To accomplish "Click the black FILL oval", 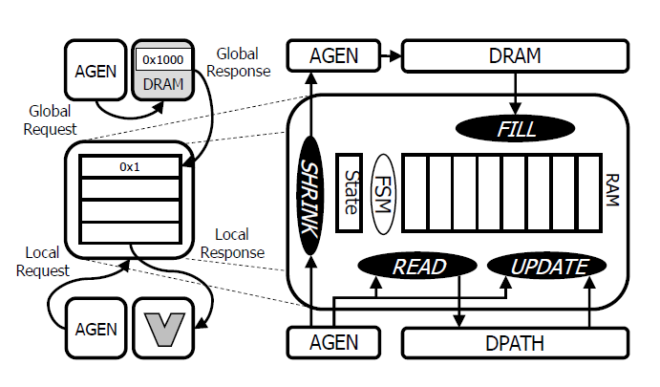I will (x=516, y=126).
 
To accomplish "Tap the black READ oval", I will (x=418, y=267).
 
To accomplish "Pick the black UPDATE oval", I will (x=547, y=267).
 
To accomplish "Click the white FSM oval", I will (x=385, y=194).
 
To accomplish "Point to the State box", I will (x=350, y=194).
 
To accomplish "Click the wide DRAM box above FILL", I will (x=515, y=56).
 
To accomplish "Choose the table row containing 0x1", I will (x=130, y=166).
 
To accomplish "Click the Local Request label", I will (x=43, y=261).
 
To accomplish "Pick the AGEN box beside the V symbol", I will (x=96, y=328).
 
